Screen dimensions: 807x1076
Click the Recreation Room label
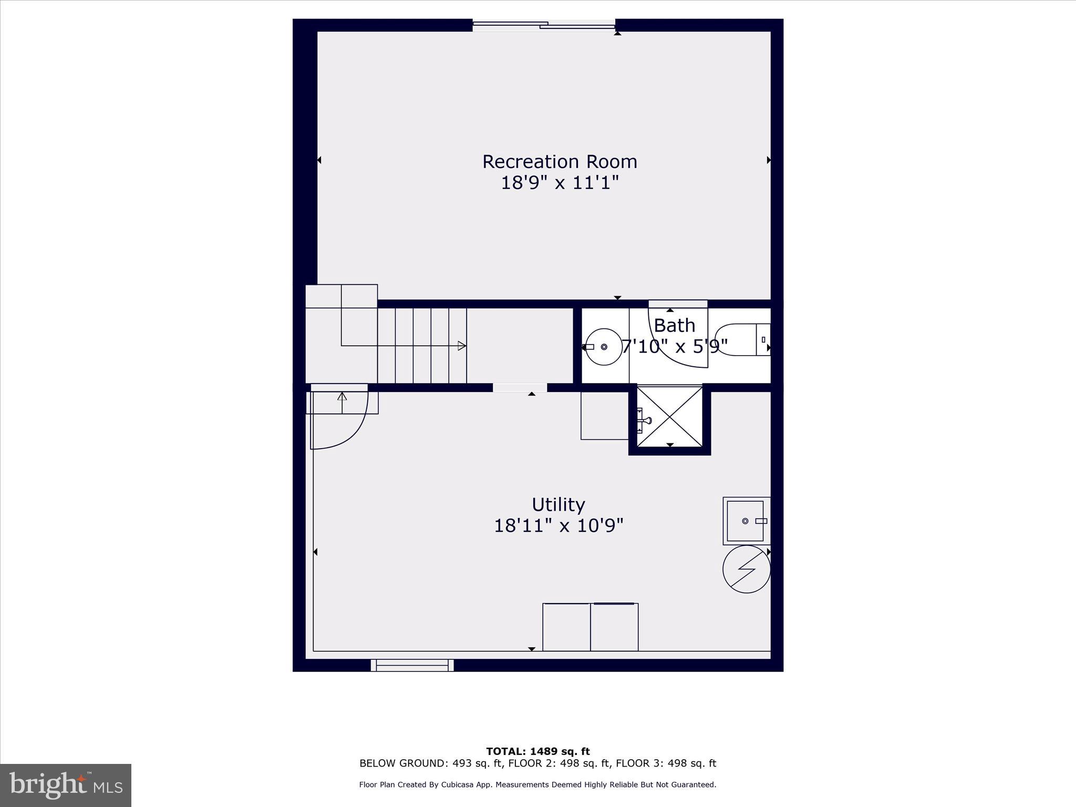(560, 161)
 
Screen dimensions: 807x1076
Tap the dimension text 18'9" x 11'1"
(560, 183)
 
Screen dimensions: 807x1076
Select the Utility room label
(558, 504)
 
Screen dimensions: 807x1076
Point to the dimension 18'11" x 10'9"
(558, 526)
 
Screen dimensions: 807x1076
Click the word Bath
(674, 326)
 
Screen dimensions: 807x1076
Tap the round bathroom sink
(604, 347)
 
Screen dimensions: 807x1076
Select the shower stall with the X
(669, 417)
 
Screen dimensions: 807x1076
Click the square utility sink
(745, 521)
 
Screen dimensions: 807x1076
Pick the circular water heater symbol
(746, 569)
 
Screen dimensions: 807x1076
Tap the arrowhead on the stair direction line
(462, 346)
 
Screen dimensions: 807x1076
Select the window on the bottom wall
(412, 665)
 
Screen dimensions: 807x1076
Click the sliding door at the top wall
(544, 25)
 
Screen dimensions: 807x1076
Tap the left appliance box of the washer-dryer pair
(566, 627)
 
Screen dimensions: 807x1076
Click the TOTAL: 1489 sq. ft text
(537, 751)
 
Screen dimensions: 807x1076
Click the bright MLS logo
(66, 785)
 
